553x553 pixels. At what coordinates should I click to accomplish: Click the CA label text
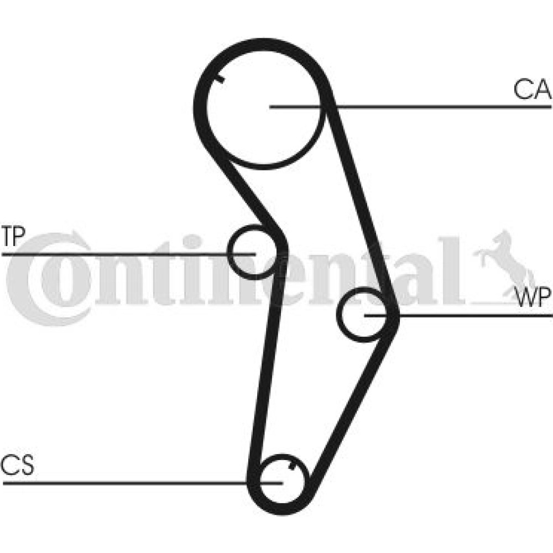tap(532, 90)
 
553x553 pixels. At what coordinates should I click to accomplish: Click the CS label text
tap(18, 465)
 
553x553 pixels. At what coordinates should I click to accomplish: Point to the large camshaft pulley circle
tap(206, 106)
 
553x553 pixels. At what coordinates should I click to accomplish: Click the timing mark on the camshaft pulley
tap(220, 79)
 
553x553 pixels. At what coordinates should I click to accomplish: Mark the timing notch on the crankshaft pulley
tap(291, 466)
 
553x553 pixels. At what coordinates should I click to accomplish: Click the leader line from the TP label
tap(129, 254)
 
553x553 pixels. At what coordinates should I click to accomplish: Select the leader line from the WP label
tap(458, 315)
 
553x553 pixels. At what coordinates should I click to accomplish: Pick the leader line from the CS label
tap(143, 483)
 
